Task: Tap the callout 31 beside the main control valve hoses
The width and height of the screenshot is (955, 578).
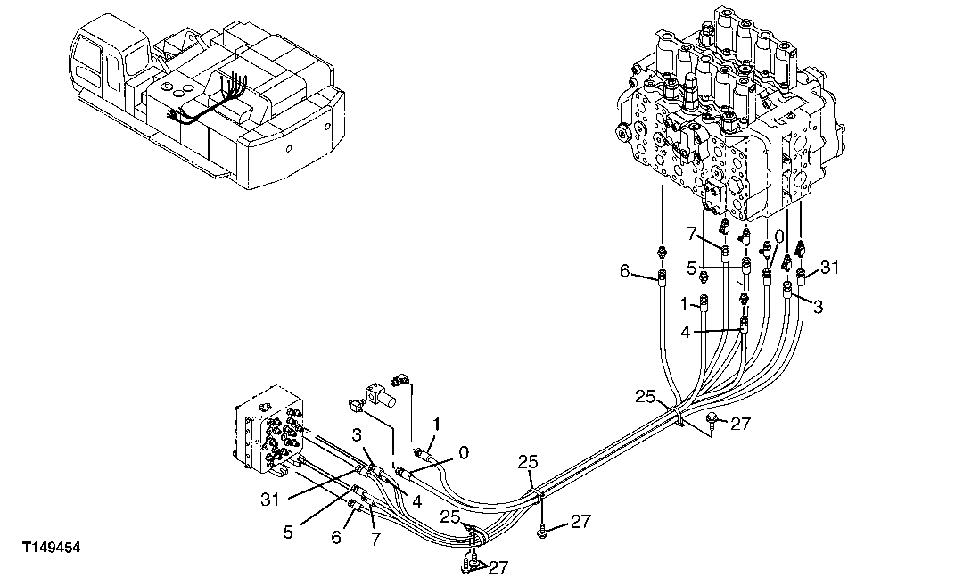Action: [x=830, y=267]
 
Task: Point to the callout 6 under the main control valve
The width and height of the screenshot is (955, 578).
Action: [x=624, y=269]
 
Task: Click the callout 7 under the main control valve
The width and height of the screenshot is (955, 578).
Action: [x=690, y=235]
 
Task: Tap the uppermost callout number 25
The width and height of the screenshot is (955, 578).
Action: [x=646, y=394]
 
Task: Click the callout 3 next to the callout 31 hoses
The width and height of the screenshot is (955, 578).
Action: [x=818, y=306]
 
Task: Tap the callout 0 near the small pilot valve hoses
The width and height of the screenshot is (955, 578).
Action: [x=463, y=453]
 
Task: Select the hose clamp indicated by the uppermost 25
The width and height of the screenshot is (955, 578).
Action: [x=679, y=417]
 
